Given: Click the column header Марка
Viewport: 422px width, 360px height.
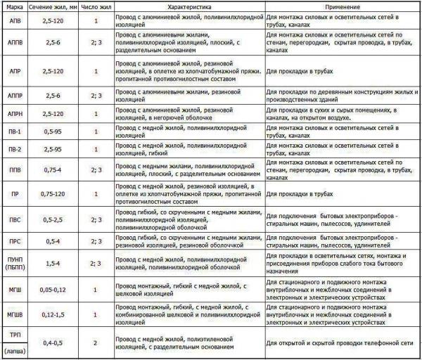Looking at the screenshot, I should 14,5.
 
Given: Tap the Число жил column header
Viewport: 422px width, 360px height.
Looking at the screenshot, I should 95,5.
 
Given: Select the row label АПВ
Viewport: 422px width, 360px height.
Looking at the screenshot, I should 14,21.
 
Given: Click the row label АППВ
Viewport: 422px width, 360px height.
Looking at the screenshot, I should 14,44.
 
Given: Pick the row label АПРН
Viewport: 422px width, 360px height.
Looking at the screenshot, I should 14,113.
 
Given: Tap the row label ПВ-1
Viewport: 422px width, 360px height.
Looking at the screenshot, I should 14,132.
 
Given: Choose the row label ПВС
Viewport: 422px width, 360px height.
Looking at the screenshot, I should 14,219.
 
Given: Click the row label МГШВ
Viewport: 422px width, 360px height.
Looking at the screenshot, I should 14,313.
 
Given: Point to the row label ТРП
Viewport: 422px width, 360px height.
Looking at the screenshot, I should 14,333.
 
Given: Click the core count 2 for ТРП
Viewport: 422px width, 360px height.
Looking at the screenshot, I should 95,342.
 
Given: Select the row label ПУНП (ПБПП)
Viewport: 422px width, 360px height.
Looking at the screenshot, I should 14,263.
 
